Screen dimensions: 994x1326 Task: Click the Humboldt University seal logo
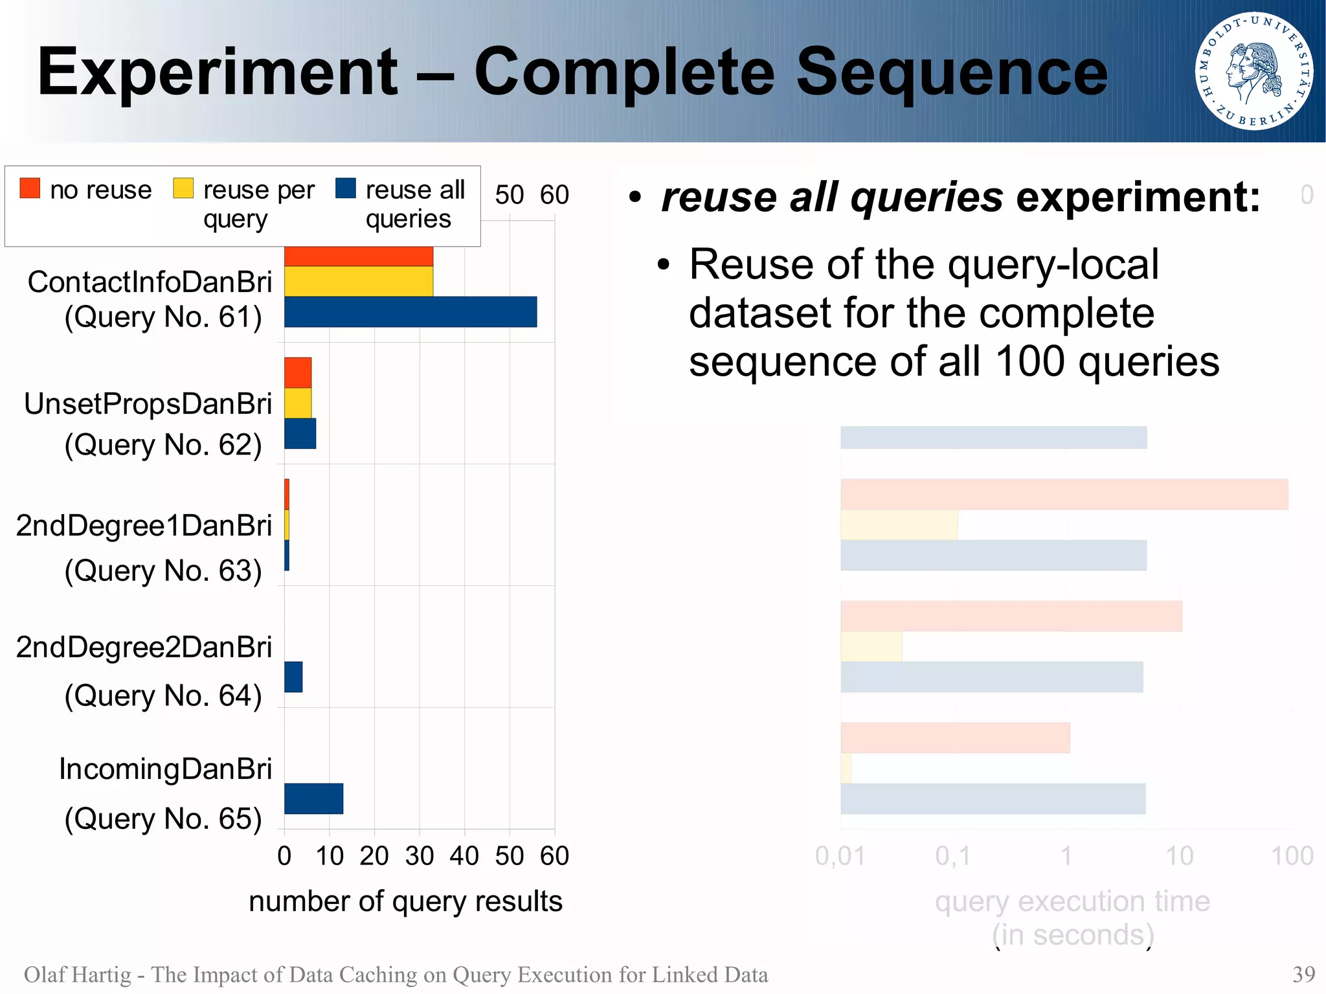coord(1254,71)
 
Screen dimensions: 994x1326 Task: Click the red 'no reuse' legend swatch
coord(30,188)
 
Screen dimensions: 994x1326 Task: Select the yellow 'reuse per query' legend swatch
coord(183,188)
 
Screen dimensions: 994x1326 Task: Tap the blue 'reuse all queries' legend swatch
coord(346,188)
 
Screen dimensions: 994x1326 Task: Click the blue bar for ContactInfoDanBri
coord(410,312)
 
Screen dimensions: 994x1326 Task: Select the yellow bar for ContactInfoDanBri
coord(359,282)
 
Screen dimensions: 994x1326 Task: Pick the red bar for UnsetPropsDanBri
coord(298,372)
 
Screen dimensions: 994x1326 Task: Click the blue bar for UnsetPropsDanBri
coord(300,434)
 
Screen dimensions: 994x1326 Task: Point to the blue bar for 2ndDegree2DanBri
coord(293,677)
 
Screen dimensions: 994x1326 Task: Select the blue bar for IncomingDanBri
coord(313,798)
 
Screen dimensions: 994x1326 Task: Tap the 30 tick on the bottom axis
coord(419,856)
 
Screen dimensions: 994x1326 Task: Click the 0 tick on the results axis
coord(284,856)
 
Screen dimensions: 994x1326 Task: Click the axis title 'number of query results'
coord(405,901)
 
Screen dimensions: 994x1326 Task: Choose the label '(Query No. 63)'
coord(163,571)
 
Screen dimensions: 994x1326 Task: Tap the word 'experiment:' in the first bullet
coord(1138,198)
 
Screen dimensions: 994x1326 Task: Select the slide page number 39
coord(1303,975)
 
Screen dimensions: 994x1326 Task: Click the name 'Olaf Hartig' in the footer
coord(78,975)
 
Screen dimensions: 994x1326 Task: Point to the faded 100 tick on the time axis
coord(1292,856)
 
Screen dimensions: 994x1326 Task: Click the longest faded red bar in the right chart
coord(1064,495)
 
